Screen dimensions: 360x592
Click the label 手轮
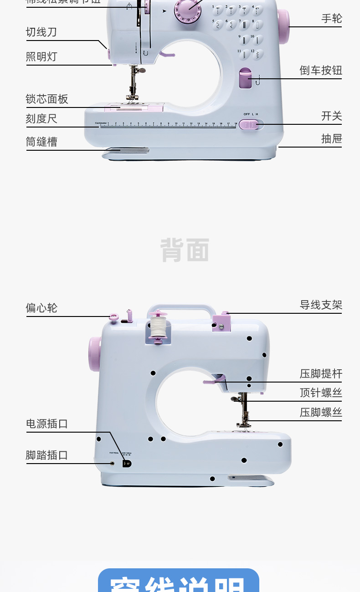coord(331,19)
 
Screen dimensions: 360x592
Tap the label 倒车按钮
coord(321,71)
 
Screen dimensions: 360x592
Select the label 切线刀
coord(41,32)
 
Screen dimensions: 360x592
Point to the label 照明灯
coord(41,57)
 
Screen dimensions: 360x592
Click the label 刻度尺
coord(41,119)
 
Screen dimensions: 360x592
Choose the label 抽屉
coord(331,139)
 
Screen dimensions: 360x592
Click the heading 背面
coord(185,250)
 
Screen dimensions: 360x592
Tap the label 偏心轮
coord(41,308)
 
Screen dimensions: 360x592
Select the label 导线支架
coord(321,305)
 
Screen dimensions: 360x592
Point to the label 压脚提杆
coord(321,374)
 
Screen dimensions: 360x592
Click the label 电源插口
coord(47,424)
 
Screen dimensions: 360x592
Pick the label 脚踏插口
coord(47,455)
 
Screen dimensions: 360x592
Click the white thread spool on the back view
coord(158,327)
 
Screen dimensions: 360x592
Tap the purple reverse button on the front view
coord(245,78)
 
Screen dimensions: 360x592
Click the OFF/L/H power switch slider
coord(249,124)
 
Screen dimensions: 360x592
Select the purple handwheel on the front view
coord(283,26)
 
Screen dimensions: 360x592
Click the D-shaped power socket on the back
coord(127,464)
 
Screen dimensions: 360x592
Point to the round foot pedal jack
coord(113,464)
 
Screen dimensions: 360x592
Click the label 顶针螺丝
coord(321,393)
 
